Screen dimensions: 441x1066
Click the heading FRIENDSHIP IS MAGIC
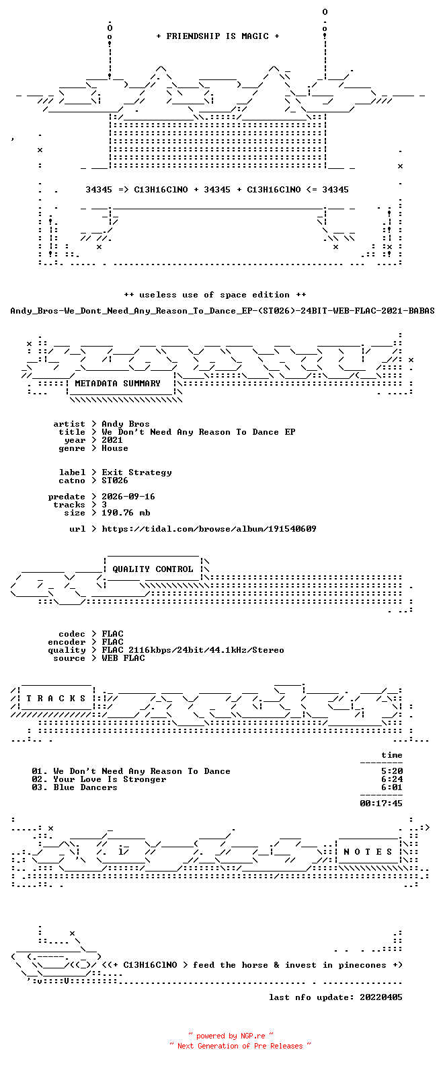218,36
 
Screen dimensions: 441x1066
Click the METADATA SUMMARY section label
118,384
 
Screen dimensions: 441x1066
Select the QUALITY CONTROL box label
153,569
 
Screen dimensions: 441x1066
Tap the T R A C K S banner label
56,698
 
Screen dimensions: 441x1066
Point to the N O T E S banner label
368,851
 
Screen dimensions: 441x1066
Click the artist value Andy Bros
126,424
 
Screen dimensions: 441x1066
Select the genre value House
114,448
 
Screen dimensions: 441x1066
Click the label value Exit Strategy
136,472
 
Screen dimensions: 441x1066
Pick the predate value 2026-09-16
128,497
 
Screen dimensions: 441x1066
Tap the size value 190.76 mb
126,513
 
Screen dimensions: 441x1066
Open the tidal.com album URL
209,529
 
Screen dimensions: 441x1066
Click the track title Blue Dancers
85,787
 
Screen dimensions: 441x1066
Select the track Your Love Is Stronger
110,779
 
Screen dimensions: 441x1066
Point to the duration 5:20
391,771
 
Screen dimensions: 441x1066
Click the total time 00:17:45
381,804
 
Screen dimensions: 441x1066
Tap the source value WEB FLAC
123,658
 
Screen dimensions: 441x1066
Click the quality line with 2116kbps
193,650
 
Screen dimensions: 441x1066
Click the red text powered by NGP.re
231,1036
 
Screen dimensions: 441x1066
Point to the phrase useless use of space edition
214,295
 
